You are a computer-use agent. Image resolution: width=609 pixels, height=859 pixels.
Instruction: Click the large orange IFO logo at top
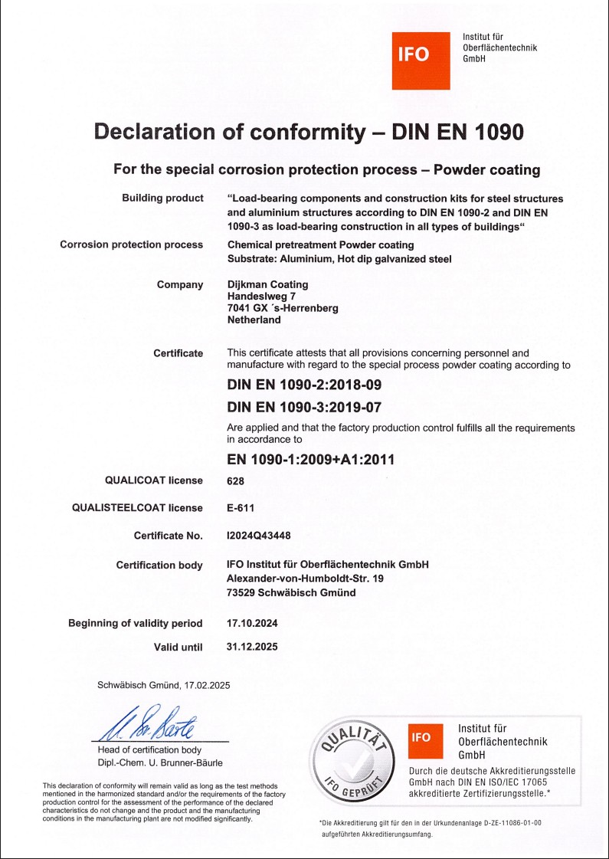(421, 61)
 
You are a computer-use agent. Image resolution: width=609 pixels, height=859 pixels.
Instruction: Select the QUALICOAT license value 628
(236, 480)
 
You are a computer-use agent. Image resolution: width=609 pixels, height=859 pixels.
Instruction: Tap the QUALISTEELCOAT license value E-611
(241, 507)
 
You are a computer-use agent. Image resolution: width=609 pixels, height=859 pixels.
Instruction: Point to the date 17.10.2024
(253, 623)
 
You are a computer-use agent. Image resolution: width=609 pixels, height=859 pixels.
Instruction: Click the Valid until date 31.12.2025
(253, 647)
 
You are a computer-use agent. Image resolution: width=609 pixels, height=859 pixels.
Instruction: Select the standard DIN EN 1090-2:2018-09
(304, 385)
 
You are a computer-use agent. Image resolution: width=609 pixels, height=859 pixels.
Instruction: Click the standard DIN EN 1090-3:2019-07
(304, 408)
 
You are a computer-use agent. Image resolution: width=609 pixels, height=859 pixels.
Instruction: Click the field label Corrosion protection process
(132, 245)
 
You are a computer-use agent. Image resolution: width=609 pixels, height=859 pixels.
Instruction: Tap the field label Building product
(162, 198)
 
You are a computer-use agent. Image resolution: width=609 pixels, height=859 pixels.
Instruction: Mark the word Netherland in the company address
(254, 320)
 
